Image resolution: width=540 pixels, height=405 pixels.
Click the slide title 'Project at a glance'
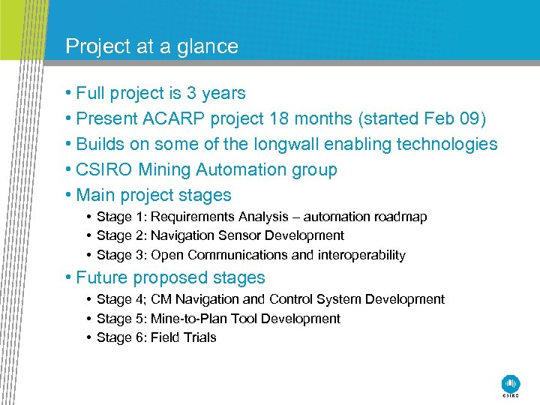point(151,46)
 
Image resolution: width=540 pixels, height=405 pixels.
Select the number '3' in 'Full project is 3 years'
point(188,93)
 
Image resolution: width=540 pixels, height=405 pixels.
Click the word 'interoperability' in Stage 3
point(361,255)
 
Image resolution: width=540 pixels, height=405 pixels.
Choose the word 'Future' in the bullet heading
point(102,277)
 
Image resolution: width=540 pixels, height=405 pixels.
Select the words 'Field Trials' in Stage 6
point(183,337)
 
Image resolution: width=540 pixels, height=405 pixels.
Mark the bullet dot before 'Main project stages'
point(67,195)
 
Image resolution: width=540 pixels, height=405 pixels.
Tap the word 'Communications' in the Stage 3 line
point(244,255)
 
